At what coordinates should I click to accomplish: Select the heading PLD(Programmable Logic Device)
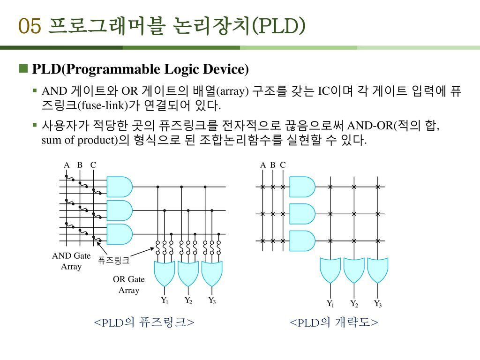(140, 70)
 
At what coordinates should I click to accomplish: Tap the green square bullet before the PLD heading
(23, 69)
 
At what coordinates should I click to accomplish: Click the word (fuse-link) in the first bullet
(100, 105)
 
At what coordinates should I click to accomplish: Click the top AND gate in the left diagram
(119, 187)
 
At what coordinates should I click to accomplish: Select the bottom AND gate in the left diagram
(119, 234)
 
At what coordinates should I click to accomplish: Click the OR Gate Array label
(129, 285)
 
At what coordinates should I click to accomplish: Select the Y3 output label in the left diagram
(212, 300)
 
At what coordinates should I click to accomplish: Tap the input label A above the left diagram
(67, 165)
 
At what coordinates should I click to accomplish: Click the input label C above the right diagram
(283, 165)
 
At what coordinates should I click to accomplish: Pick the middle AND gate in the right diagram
(302, 214)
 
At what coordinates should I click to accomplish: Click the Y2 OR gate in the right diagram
(354, 270)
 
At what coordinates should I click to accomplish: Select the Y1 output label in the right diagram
(330, 304)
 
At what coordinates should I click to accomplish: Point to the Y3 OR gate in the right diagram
(377, 270)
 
